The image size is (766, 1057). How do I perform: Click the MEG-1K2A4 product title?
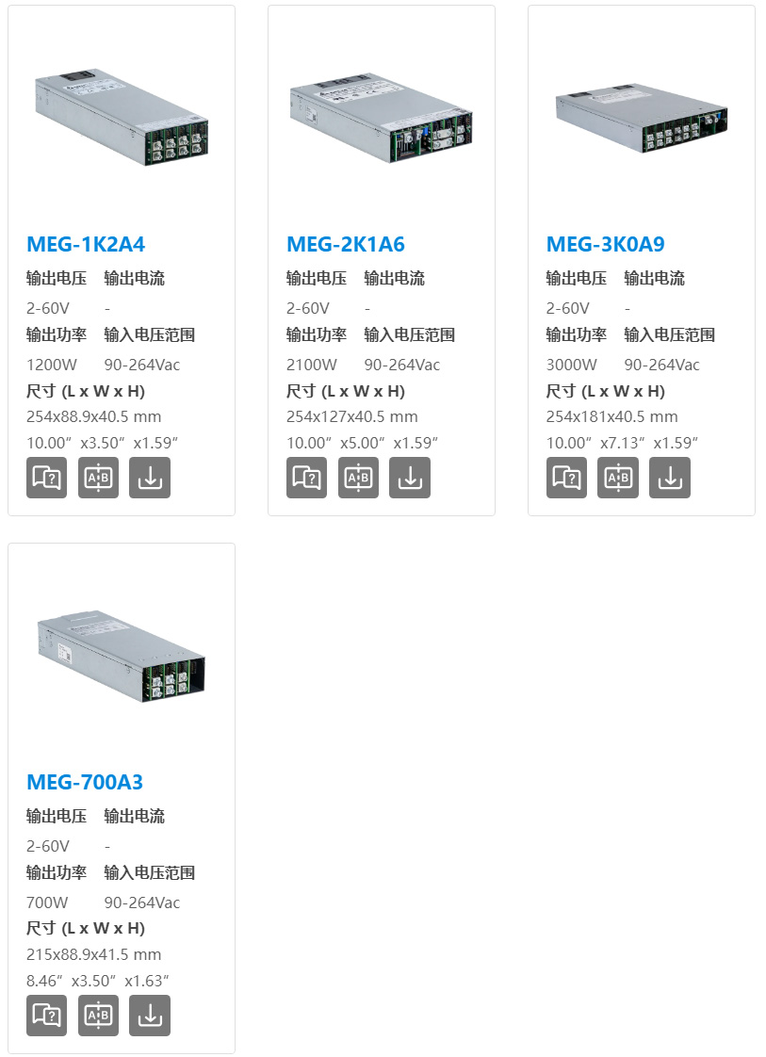tap(86, 244)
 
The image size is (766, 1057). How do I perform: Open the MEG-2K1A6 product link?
tap(345, 244)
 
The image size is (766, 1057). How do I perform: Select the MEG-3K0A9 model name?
tap(605, 244)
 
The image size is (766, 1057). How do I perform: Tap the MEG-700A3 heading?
tap(85, 782)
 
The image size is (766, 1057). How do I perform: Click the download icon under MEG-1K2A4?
tap(150, 478)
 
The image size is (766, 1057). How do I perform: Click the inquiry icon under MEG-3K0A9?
tap(566, 478)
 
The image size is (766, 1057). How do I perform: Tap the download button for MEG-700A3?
tap(150, 1016)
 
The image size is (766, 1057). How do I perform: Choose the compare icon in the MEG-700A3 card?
tap(98, 1016)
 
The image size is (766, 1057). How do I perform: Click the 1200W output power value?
tap(51, 365)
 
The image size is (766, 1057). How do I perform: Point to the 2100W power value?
tap(312, 365)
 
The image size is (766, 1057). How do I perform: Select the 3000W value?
tap(571, 365)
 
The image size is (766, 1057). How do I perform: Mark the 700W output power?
tap(47, 903)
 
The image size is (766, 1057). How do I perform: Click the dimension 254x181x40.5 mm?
tap(611, 416)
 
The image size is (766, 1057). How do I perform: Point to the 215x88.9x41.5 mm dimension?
tap(93, 954)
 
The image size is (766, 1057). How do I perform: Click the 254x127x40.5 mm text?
tap(352, 416)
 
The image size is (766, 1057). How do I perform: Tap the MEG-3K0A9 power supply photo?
tap(642, 118)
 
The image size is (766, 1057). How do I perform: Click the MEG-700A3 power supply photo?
tap(122, 656)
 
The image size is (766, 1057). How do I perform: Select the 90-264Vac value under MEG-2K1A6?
tap(402, 365)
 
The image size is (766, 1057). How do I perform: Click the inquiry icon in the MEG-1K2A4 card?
tap(46, 478)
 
